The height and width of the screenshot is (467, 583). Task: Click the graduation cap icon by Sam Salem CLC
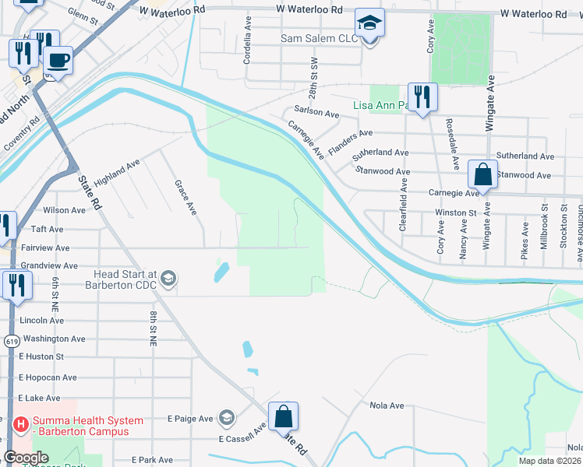[x=369, y=24]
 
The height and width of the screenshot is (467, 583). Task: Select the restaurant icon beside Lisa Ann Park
[x=422, y=97]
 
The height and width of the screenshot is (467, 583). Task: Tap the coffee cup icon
[x=57, y=59]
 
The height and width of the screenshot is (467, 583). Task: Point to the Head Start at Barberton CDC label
[x=125, y=279]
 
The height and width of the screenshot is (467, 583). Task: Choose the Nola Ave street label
[x=387, y=406]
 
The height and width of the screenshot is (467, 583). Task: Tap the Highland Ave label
[x=117, y=172]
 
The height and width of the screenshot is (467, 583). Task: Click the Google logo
[x=26, y=458]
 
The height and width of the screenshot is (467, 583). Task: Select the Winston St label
[x=455, y=212]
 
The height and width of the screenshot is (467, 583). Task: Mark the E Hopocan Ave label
[x=48, y=377]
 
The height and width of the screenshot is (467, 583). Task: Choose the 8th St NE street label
[x=154, y=328]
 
